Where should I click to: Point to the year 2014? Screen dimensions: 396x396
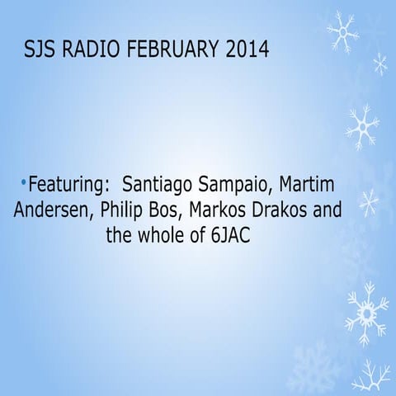[247, 51]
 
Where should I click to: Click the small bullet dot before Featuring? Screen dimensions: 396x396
[24, 181]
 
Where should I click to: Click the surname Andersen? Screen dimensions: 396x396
[52, 210]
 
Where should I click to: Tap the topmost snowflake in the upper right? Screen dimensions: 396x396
[342, 31]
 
